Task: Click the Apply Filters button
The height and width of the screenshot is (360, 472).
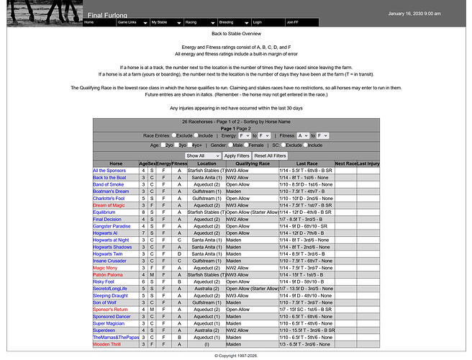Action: [236, 156]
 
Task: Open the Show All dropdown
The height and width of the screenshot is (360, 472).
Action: [202, 156]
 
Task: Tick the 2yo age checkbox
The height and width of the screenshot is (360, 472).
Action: [162, 145]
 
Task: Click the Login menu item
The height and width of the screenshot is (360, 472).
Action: [258, 22]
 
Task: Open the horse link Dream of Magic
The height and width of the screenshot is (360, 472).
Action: [109, 205]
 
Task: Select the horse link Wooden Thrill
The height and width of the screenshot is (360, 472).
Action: [107, 343]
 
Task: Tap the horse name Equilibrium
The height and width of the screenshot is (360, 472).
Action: [104, 212]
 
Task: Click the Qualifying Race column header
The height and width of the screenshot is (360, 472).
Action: [252, 163]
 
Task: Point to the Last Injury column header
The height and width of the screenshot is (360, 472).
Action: [368, 163]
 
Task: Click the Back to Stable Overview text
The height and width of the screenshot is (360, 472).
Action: [236, 34]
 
